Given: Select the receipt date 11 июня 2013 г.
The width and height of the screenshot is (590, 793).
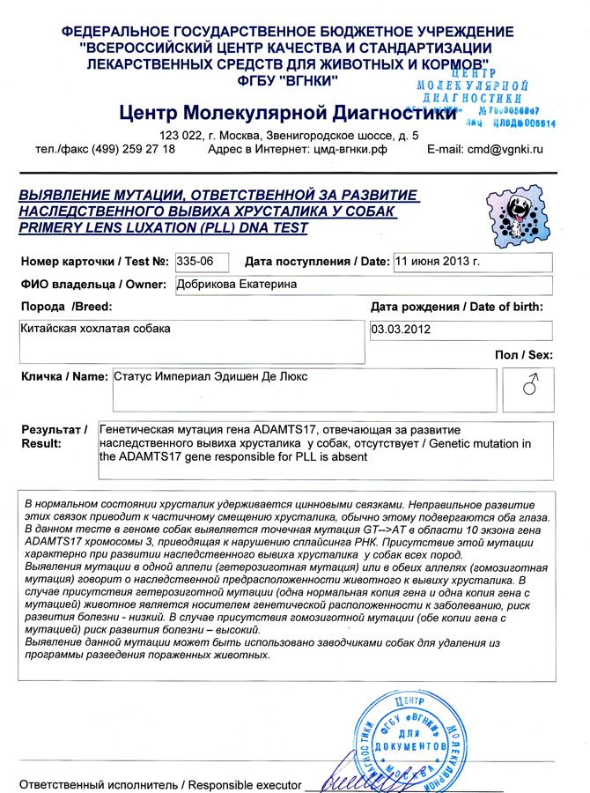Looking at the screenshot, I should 438,262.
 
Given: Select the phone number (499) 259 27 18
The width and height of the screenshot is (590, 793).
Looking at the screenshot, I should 133,150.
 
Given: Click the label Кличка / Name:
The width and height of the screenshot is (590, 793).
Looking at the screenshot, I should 63,376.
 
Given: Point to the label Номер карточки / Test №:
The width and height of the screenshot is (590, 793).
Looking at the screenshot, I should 94,262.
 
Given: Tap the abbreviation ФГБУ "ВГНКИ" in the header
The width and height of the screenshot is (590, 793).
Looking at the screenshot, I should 294,82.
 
